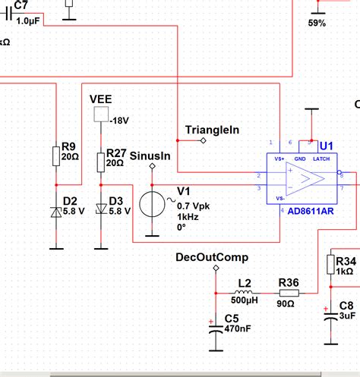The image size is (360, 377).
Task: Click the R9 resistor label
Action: click(68, 146)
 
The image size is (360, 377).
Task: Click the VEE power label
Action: click(101, 99)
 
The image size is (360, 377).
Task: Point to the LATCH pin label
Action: click(321, 159)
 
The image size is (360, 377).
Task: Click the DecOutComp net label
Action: click(212, 257)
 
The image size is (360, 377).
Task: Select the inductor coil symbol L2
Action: click(243, 292)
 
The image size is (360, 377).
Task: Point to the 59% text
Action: click(317, 24)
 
